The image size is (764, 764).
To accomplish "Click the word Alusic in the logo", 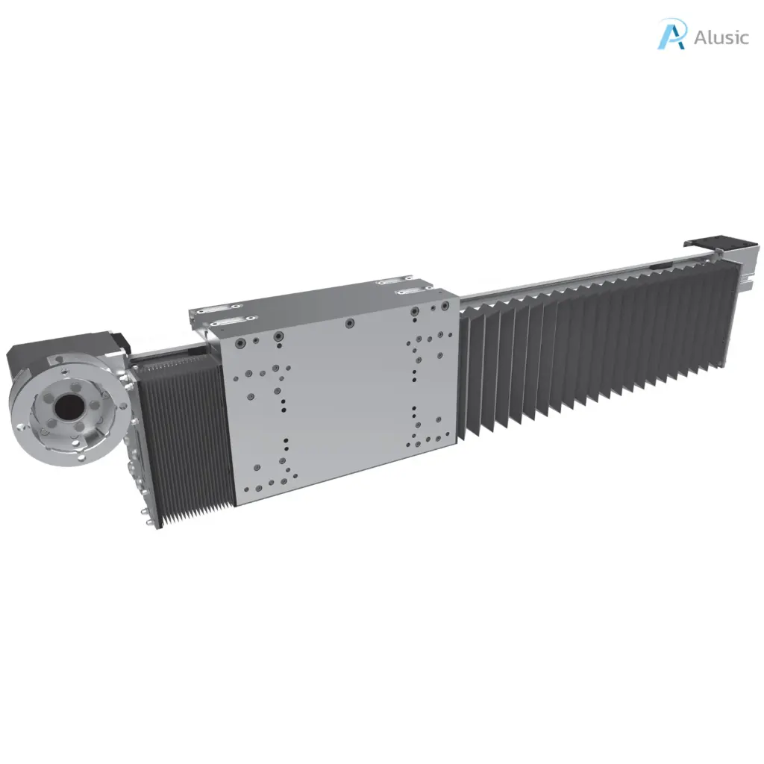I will (721, 37).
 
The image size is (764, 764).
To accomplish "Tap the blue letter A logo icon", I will (671, 35).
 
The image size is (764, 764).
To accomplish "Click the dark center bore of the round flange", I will (69, 407).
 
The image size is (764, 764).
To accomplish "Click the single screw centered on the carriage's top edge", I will (348, 323).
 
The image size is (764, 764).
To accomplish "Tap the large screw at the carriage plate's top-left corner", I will (240, 343).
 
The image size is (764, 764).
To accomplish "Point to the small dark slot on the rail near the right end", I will (660, 264).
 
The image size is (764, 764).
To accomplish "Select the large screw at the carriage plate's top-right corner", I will (445, 305).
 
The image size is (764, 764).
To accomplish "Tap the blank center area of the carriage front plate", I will (343, 403).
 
